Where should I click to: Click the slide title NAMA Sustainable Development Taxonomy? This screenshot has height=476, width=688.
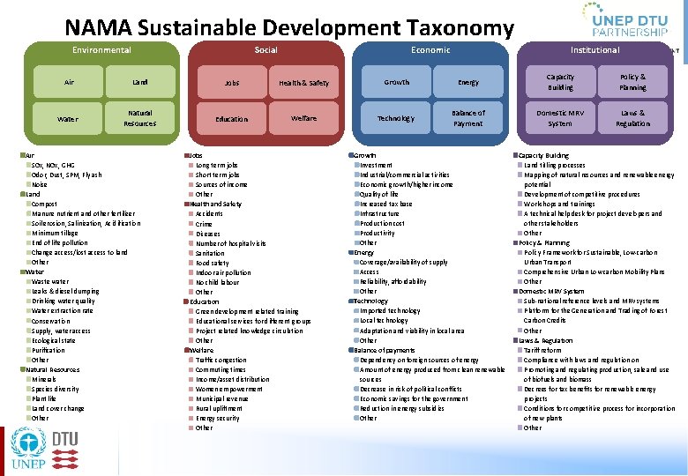(288, 29)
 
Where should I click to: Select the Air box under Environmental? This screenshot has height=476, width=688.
(70, 82)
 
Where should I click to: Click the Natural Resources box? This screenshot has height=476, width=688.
(139, 118)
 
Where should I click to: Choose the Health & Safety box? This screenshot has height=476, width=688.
(303, 83)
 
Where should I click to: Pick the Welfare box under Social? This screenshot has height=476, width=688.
(303, 118)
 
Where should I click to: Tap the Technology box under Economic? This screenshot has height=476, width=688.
(396, 118)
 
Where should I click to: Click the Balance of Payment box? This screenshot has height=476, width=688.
(468, 118)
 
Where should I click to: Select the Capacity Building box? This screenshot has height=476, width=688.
(560, 82)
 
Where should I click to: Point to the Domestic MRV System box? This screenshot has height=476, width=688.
(560, 118)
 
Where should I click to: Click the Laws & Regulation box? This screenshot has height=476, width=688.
(632, 118)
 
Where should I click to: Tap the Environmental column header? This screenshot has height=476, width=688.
(101, 50)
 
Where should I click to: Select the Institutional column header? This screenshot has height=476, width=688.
(595, 50)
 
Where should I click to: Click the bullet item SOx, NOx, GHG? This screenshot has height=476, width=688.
(54, 165)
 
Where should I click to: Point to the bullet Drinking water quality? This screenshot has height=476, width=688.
(63, 301)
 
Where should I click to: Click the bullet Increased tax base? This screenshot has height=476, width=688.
(385, 204)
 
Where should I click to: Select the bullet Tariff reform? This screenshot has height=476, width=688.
(542, 350)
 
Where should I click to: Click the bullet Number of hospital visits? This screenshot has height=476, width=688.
(231, 243)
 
